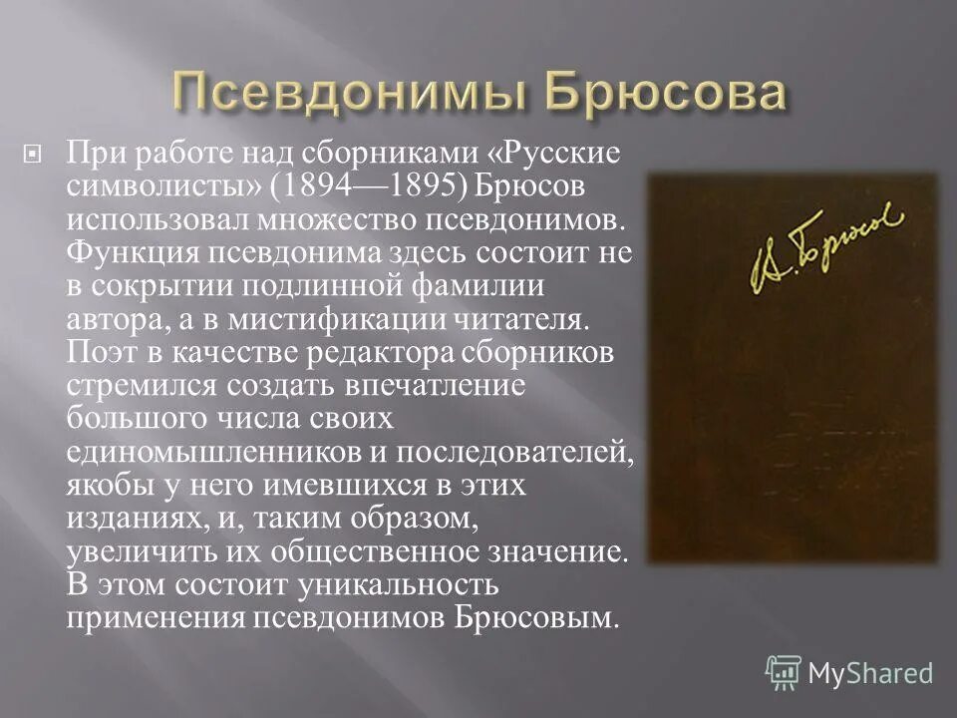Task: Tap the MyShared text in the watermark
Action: (870, 673)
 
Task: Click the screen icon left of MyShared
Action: (783, 673)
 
